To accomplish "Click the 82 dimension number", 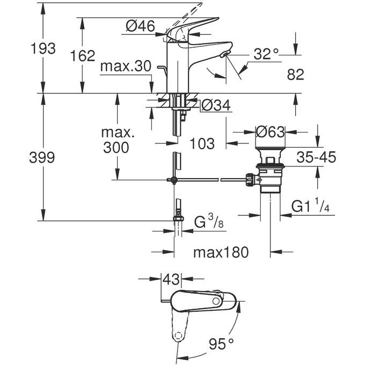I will pos(295,75).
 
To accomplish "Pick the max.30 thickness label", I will pos(126,67).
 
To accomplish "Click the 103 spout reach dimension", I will pos(202,143).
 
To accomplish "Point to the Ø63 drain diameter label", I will pos(270,131).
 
